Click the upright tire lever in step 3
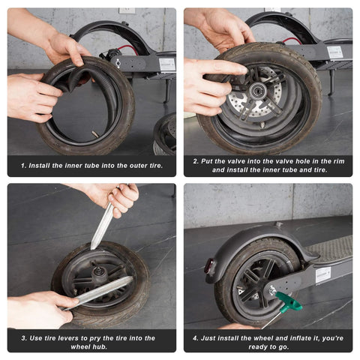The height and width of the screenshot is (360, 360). tap(102, 225)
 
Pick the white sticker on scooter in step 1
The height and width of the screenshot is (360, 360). tap(166, 64)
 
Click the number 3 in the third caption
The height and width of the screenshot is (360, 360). tap(24, 337)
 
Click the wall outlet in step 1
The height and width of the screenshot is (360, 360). tap(127, 10)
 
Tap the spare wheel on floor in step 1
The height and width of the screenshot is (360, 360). tap(166, 135)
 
